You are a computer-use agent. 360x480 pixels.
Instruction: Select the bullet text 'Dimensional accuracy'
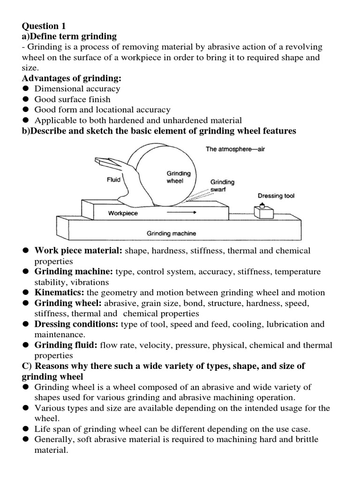[77, 89]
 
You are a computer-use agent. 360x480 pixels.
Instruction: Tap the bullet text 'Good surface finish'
[73, 99]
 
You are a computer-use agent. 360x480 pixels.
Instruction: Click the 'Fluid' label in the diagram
[114, 179]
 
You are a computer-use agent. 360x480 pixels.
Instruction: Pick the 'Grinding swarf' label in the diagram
[222, 186]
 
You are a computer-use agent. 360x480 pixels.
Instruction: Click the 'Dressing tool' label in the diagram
[276, 196]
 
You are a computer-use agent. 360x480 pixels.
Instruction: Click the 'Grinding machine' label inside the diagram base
[171, 233]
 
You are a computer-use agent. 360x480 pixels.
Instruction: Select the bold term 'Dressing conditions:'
[77, 324]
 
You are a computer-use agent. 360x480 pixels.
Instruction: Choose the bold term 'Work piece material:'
[78, 251]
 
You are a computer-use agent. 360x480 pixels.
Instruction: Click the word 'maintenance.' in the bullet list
[60, 335]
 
